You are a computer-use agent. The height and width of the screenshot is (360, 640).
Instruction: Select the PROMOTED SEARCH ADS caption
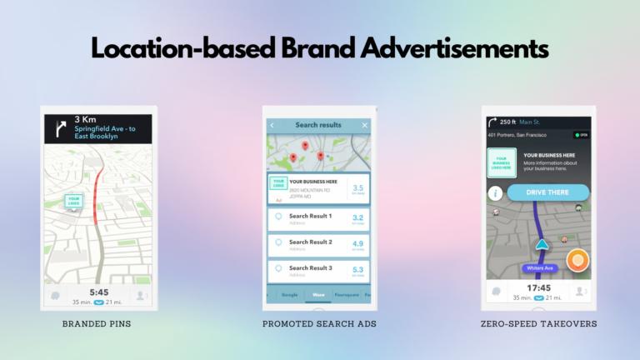click(318, 322)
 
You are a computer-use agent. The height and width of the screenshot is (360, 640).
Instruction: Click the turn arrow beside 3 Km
click(59, 127)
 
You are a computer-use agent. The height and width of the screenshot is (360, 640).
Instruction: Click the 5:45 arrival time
click(97, 292)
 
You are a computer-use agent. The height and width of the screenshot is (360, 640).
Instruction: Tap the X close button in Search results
click(365, 125)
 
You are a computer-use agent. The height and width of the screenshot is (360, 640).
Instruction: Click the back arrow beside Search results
click(272, 125)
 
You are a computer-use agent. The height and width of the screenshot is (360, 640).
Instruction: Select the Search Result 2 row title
click(310, 242)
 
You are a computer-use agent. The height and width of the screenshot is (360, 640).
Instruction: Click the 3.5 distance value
click(357, 188)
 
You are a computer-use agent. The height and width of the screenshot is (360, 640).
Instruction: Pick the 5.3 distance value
click(357, 270)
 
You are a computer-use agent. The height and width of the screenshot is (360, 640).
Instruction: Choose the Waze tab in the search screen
click(317, 294)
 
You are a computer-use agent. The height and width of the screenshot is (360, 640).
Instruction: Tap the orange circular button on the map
click(577, 260)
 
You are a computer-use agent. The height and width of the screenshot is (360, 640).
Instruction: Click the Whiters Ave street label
click(540, 268)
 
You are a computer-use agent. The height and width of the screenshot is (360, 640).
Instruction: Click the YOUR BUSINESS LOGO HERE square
click(501, 162)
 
